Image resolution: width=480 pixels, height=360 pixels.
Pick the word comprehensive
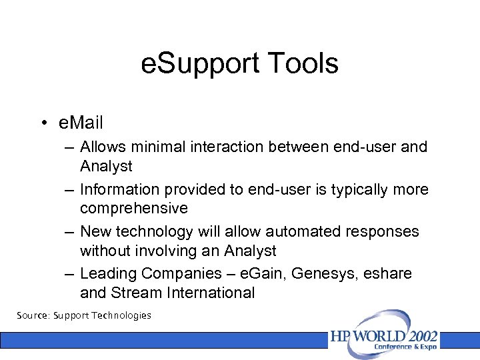134,208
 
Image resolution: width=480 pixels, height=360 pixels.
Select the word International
209,293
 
